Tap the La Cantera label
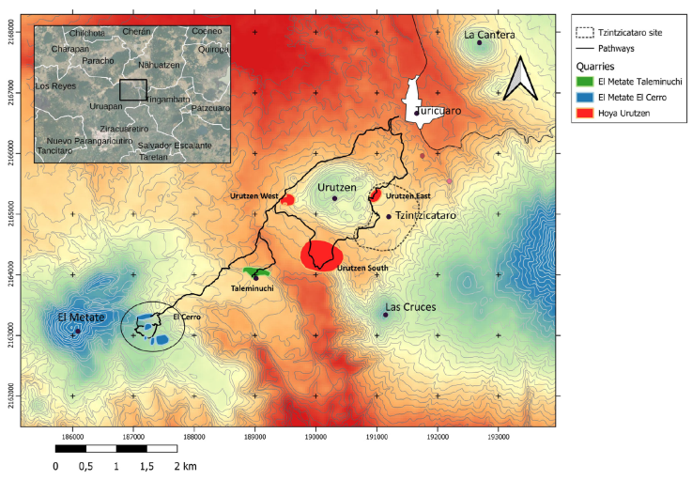(x=489, y=35)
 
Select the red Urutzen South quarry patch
(x=321, y=255)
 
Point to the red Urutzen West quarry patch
(x=288, y=200)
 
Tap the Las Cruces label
(x=410, y=306)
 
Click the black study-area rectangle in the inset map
(x=133, y=90)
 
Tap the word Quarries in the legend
(x=597, y=67)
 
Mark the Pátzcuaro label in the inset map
(x=209, y=108)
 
